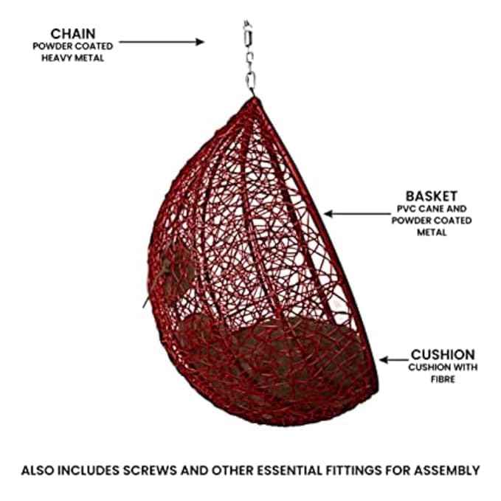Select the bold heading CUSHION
pos(443,355)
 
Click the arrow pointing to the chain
pos(162,42)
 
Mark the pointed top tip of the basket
pos(255,97)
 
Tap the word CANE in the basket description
pos(429,209)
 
